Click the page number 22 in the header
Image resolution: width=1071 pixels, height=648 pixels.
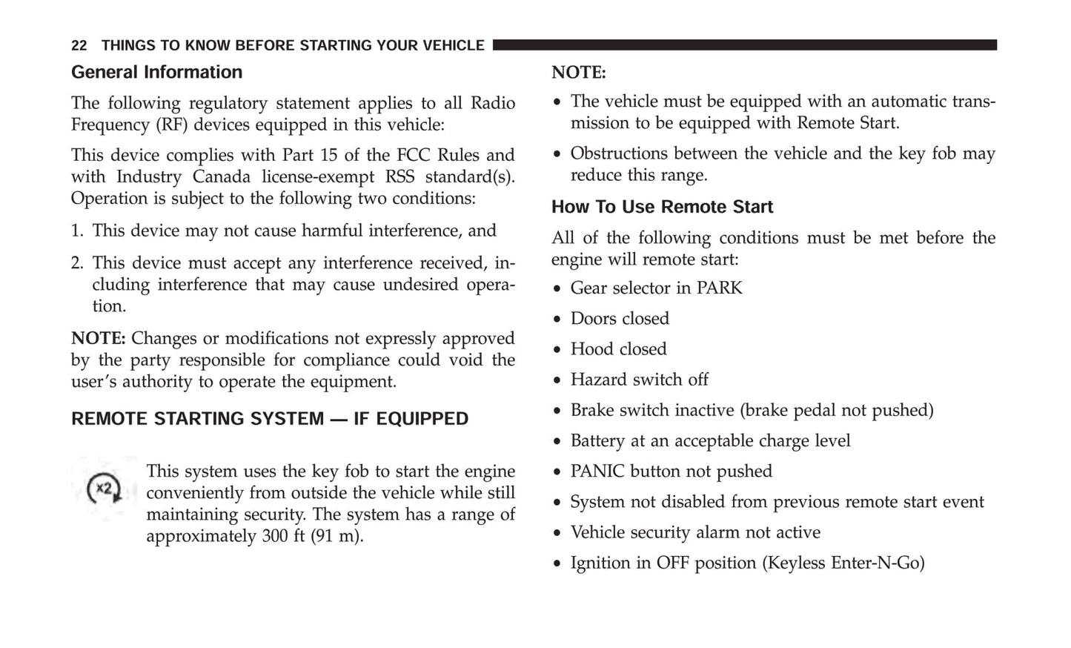click(x=79, y=46)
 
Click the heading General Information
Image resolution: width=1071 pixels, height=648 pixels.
click(x=156, y=72)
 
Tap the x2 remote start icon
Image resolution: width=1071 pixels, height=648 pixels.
click(x=104, y=489)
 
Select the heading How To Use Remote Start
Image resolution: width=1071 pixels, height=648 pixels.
click(x=662, y=207)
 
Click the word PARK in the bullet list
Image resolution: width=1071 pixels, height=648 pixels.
click(x=719, y=288)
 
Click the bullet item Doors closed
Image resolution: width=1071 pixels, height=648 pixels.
click(x=619, y=319)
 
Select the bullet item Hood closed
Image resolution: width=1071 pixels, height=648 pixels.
click(x=618, y=349)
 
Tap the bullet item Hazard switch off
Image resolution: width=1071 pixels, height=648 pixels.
click(x=639, y=380)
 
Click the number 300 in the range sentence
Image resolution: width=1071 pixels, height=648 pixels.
click(x=275, y=536)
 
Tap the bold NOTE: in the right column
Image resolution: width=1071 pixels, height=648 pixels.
click(x=578, y=73)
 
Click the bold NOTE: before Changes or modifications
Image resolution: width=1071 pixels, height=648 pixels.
click(x=98, y=339)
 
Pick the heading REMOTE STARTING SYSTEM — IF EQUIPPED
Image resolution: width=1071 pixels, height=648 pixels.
click(x=270, y=419)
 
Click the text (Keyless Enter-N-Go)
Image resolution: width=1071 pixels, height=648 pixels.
click(x=843, y=563)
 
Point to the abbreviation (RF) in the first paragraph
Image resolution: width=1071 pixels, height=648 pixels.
click(x=171, y=125)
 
